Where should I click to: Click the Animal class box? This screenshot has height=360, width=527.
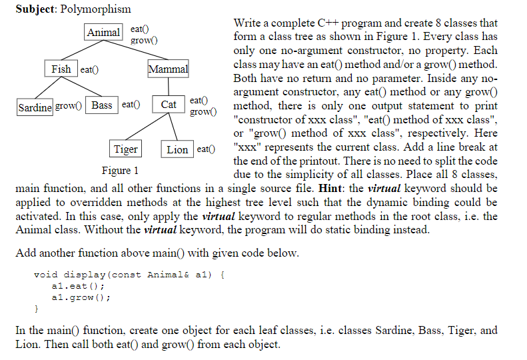point(104,33)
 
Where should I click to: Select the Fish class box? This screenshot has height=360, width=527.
point(61,69)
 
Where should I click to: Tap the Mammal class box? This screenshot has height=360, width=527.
point(168,69)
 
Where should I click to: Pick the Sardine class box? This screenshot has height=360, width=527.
point(35,106)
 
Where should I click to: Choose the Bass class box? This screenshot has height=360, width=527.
point(102,105)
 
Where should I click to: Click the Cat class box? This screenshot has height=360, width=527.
point(169,105)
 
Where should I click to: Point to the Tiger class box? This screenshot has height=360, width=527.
point(125,149)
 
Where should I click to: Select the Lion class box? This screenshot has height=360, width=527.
point(177,149)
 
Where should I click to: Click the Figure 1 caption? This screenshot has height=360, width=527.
point(120,171)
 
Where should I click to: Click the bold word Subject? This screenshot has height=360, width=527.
point(31,9)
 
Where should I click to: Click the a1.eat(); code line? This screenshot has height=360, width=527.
point(74,285)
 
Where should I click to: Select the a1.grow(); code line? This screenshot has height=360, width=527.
point(77,297)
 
